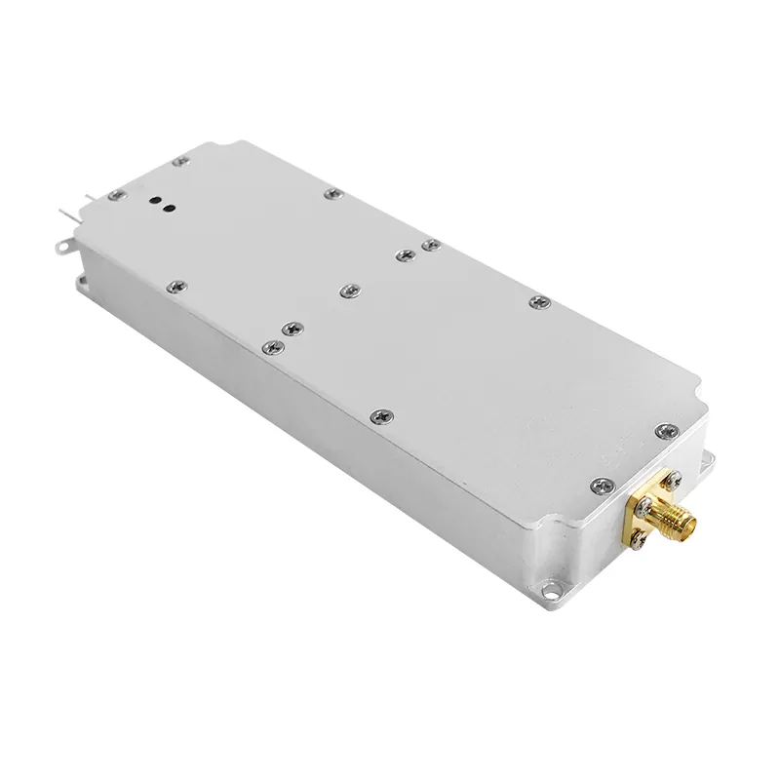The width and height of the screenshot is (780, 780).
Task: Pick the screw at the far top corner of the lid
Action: (x=178, y=160)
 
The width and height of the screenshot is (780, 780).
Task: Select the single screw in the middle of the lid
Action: (x=350, y=290)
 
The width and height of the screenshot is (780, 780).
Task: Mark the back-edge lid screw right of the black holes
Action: (x=332, y=195)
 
